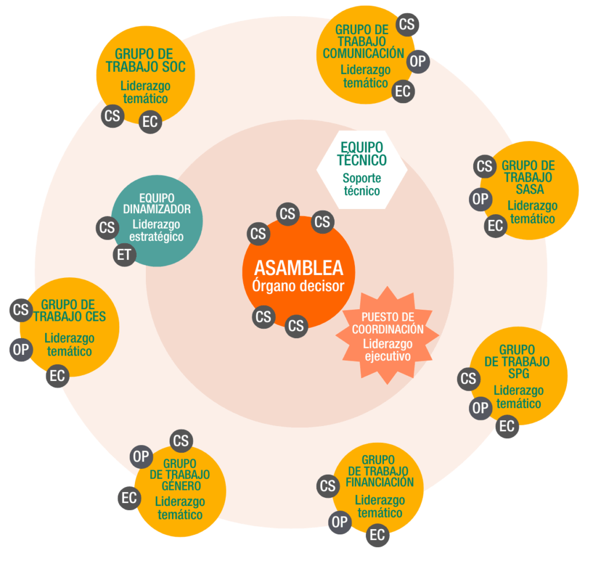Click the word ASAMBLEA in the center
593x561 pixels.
pyautogui.click(x=298, y=267)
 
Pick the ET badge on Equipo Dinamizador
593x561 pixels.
pyautogui.click(x=124, y=255)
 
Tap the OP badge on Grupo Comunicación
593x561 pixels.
pyautogui.click(x=418, y=61)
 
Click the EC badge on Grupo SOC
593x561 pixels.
pyautogui.click(x=150, y=122)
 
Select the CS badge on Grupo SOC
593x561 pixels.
pyautogui.click(x=112, y=116)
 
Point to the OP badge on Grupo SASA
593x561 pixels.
pyautogui.click(x=479, y=200)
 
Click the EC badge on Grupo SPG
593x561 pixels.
pyautogui.click(x=507, y=427)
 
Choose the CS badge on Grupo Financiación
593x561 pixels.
pyautogui.click(x=328, y=486)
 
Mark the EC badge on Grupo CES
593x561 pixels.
pyautogui.click(x=57, y=376)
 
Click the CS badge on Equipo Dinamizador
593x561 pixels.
pyautogui.click(x=107, y=228)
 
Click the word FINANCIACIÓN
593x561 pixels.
pyautogui.click(x=379, y=482)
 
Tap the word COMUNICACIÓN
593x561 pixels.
pyautogui.click(x=363, y=53)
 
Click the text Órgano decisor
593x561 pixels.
pyautogui.click(x=298, y=285)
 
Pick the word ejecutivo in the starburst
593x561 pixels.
pyautogui.click(x=387, y=356)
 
